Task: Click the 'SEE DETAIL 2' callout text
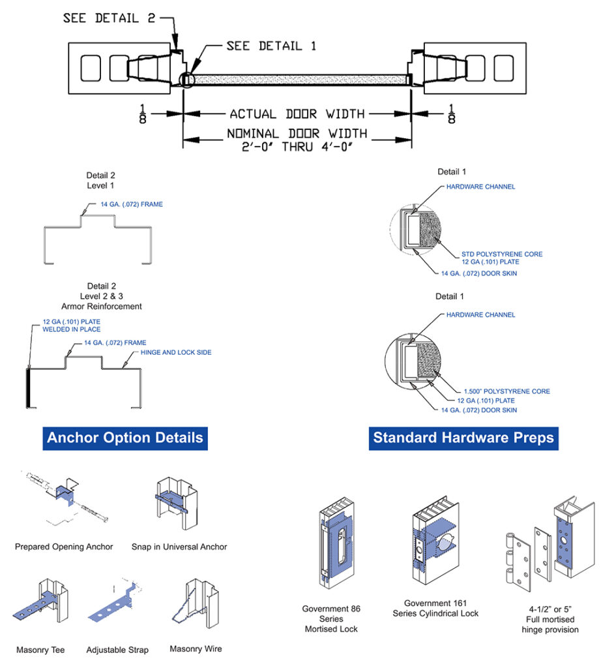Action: click(110, 18)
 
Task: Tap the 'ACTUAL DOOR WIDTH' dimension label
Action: click(297, 114)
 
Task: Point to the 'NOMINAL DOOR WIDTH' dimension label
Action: click(297, 133)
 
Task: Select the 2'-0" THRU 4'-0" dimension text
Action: click(297, 146)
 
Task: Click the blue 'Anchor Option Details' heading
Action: click(125, 437)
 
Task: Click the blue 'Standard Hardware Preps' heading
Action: click(463, 437)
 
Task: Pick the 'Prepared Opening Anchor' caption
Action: click(64, 547)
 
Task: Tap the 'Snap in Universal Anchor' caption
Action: click(179, 547)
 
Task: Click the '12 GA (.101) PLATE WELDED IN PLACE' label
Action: click(72, 326)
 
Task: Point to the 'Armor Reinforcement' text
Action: click(105, 306)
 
